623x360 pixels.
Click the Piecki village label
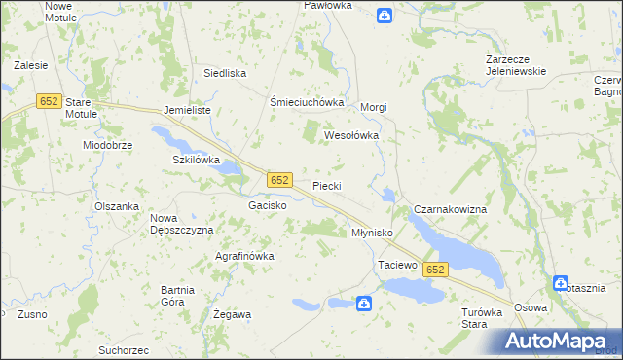(x=327, y=186)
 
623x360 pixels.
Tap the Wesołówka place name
(x=350, y=136)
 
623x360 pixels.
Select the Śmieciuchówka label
(x=308, y=102)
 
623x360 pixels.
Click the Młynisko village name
(x=371, y=234)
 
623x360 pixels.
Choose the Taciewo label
(x=397, y=265)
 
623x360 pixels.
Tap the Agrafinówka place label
(x=244, y=256)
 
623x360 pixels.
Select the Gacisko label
(x=267, y=206)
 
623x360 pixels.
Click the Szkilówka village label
(x=196, y=160)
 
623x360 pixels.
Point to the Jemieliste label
(x=188, y=111)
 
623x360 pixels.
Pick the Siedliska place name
(x=225, y=73)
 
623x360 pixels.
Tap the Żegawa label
(x=233, y=314)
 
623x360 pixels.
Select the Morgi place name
(x=375, y=107)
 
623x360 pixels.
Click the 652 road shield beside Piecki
(x=279, y=180)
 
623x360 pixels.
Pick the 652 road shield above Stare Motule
(x=49, y=100)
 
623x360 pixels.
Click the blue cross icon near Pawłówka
(x=385, y=15)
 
